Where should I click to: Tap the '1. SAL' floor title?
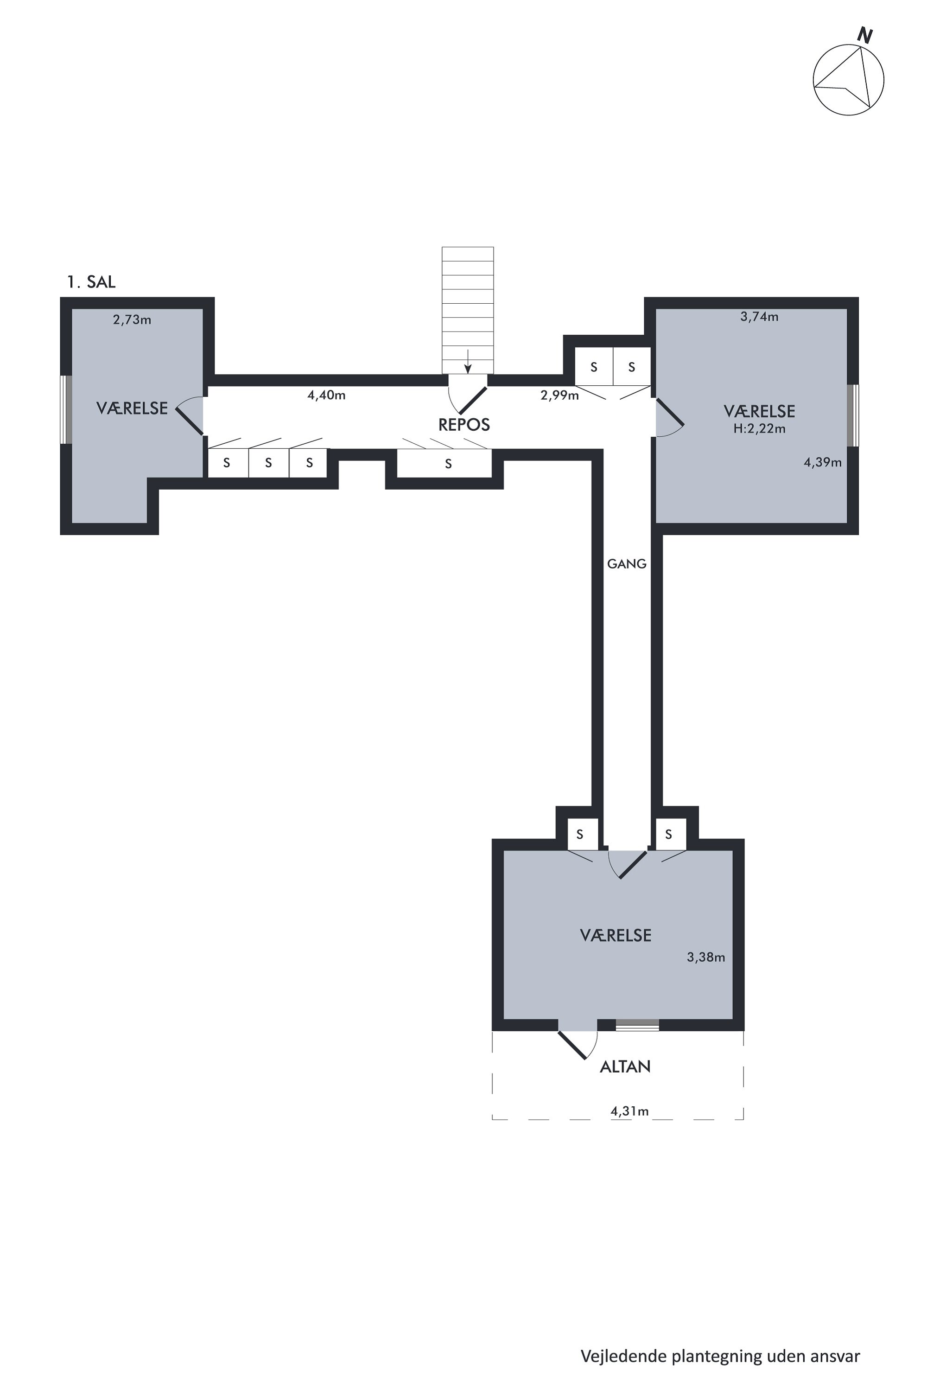click(91, 282)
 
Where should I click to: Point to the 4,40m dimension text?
click(326, 395)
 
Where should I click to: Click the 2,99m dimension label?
click(559, 395)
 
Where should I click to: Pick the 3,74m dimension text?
click(759, 316)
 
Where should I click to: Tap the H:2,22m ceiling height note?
click(759, 429)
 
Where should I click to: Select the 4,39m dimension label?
click(822, 462)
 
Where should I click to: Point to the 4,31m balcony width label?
click(629, 1111)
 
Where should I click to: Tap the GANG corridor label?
click(627, 564)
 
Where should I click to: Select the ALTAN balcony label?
click(625, 1066)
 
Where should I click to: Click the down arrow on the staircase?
click(468, 361)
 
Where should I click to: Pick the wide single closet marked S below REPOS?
click(444, 463)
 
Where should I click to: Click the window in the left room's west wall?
click(67, 409)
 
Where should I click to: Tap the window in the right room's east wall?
click(852, 415)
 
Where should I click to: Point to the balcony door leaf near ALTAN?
click(572, 1045)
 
